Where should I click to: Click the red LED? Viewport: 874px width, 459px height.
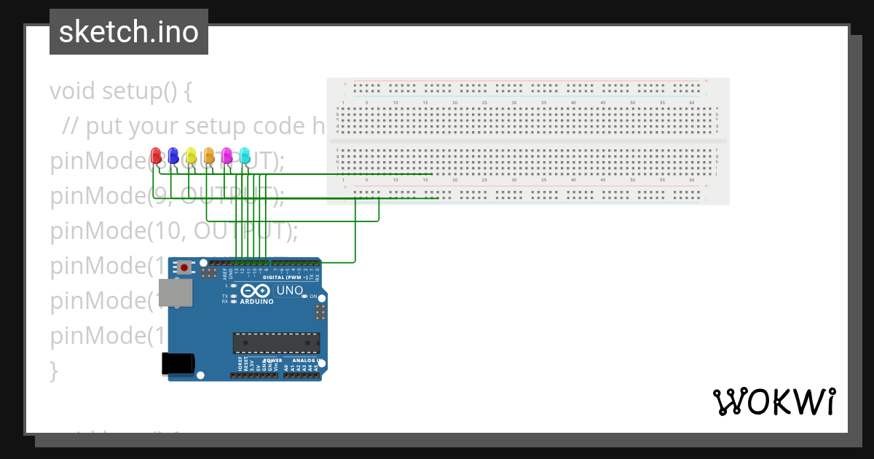(155, 155)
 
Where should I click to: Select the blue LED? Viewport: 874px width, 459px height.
(173, 155)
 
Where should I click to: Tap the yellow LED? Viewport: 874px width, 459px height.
(191, 155)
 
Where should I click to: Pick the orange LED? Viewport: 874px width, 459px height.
(209, 155)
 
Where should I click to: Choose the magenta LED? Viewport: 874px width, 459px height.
(227, 155)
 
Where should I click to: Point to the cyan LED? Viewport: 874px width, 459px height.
(245, 155)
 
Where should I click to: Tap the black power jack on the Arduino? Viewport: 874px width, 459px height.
(178, 363)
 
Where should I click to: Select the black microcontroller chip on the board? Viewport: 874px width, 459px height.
(276, 342)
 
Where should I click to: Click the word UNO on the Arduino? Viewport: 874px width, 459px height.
(289, 291)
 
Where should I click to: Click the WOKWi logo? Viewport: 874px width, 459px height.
(773, 401)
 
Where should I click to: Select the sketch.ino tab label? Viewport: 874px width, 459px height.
(129, 32)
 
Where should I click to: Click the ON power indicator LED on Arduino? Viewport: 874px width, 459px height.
(305, 297)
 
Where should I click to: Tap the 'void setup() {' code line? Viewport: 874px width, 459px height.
(121, 91)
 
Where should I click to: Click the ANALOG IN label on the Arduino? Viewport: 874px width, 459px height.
(305, 361)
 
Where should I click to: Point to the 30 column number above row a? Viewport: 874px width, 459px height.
(514, 103)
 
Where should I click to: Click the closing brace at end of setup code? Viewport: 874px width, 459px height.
(53, 371)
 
